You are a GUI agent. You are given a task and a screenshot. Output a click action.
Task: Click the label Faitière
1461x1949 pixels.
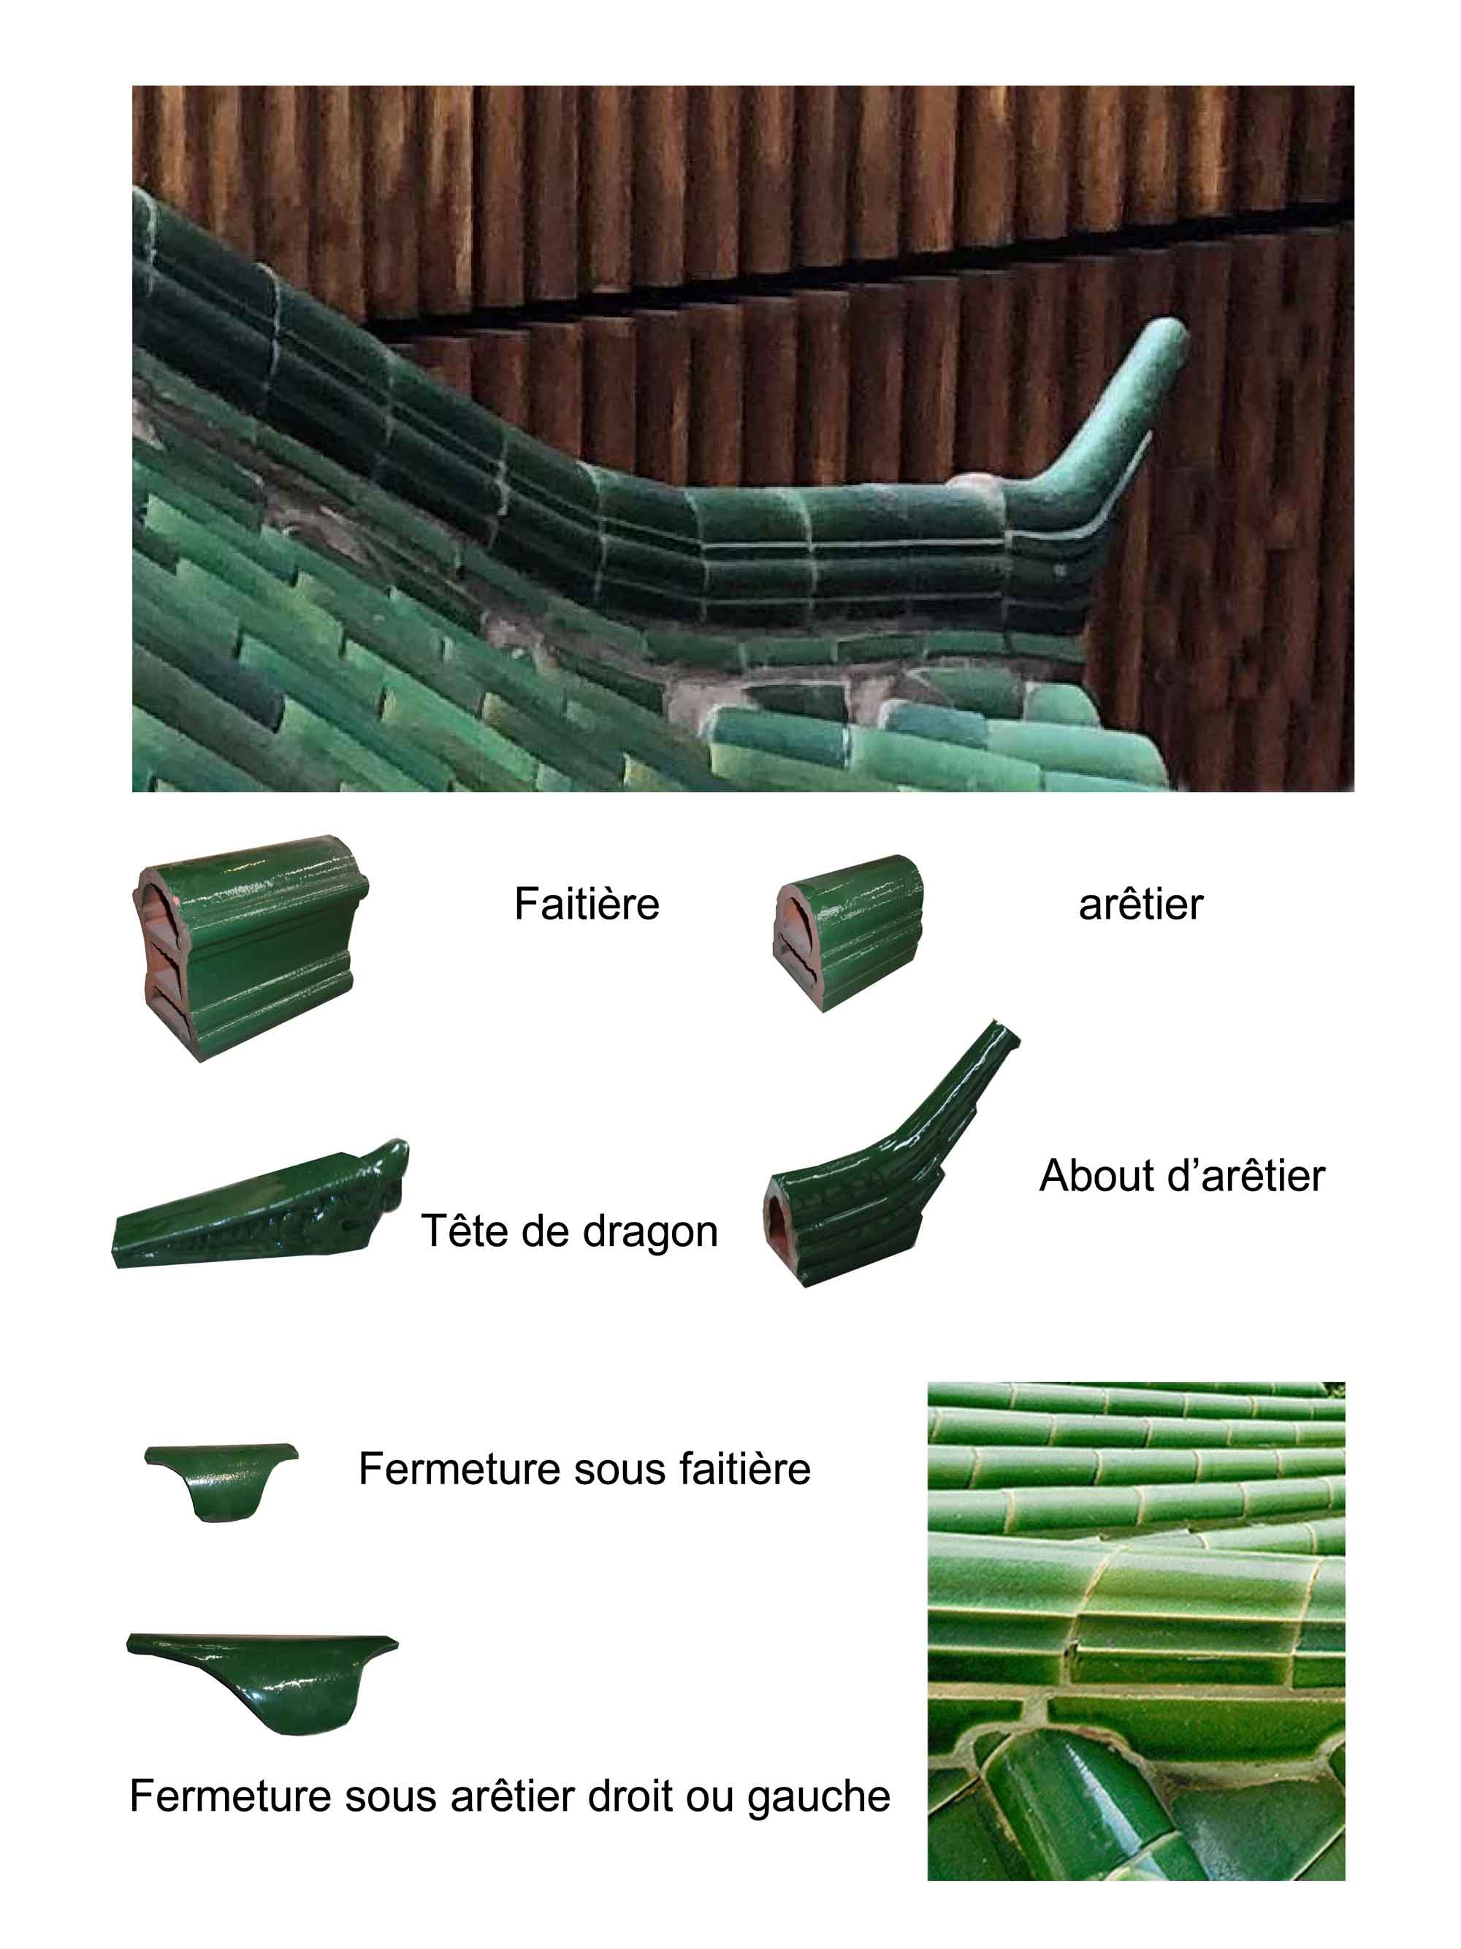pos(587,904)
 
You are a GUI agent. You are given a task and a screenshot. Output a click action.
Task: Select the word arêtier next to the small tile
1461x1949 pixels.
pos(1140,905)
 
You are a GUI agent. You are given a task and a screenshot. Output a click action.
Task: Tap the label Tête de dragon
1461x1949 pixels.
pos(569,1231)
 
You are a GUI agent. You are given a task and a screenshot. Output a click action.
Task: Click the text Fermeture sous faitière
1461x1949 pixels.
pos(584,1469)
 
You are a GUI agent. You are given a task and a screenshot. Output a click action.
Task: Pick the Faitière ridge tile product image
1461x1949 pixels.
pos(251,946)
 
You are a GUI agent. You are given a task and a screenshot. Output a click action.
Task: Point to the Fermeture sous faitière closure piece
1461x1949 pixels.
pos(221,1481)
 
